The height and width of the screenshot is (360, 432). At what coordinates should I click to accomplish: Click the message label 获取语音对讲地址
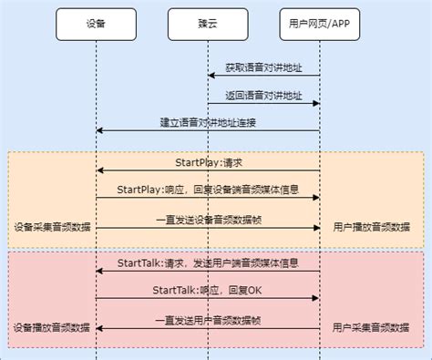[x=263, y=68]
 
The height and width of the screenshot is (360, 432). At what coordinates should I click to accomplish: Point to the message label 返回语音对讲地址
[x=263, y=95]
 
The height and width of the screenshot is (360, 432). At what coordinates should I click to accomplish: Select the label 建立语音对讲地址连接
[x=208, y=122]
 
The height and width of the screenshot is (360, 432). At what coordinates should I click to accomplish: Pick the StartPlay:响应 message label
[x=208, y=189]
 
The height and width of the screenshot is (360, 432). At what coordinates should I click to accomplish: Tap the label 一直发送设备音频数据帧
[x=208, y=219]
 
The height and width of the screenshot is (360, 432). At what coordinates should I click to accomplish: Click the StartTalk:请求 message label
[x=208, y=262]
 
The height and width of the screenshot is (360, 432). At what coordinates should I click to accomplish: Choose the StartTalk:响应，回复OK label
[x=208, y=290]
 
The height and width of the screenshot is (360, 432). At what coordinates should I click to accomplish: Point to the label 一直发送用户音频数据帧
[x=208, y=319]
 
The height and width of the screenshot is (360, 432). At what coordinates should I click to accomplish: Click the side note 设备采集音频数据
[x=52, y=227]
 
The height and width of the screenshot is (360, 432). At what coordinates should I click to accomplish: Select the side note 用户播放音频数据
[x=371, y=227]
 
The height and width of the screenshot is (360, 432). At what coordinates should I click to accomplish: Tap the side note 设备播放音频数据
[x=52, y=327]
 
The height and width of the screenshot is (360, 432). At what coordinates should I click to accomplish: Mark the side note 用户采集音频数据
[x=371, y=327]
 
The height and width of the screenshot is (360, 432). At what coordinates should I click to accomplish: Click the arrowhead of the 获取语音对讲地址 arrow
[x=211, y=77]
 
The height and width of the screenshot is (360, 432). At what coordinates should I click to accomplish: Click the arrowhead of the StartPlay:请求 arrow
[x=99, y=170]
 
